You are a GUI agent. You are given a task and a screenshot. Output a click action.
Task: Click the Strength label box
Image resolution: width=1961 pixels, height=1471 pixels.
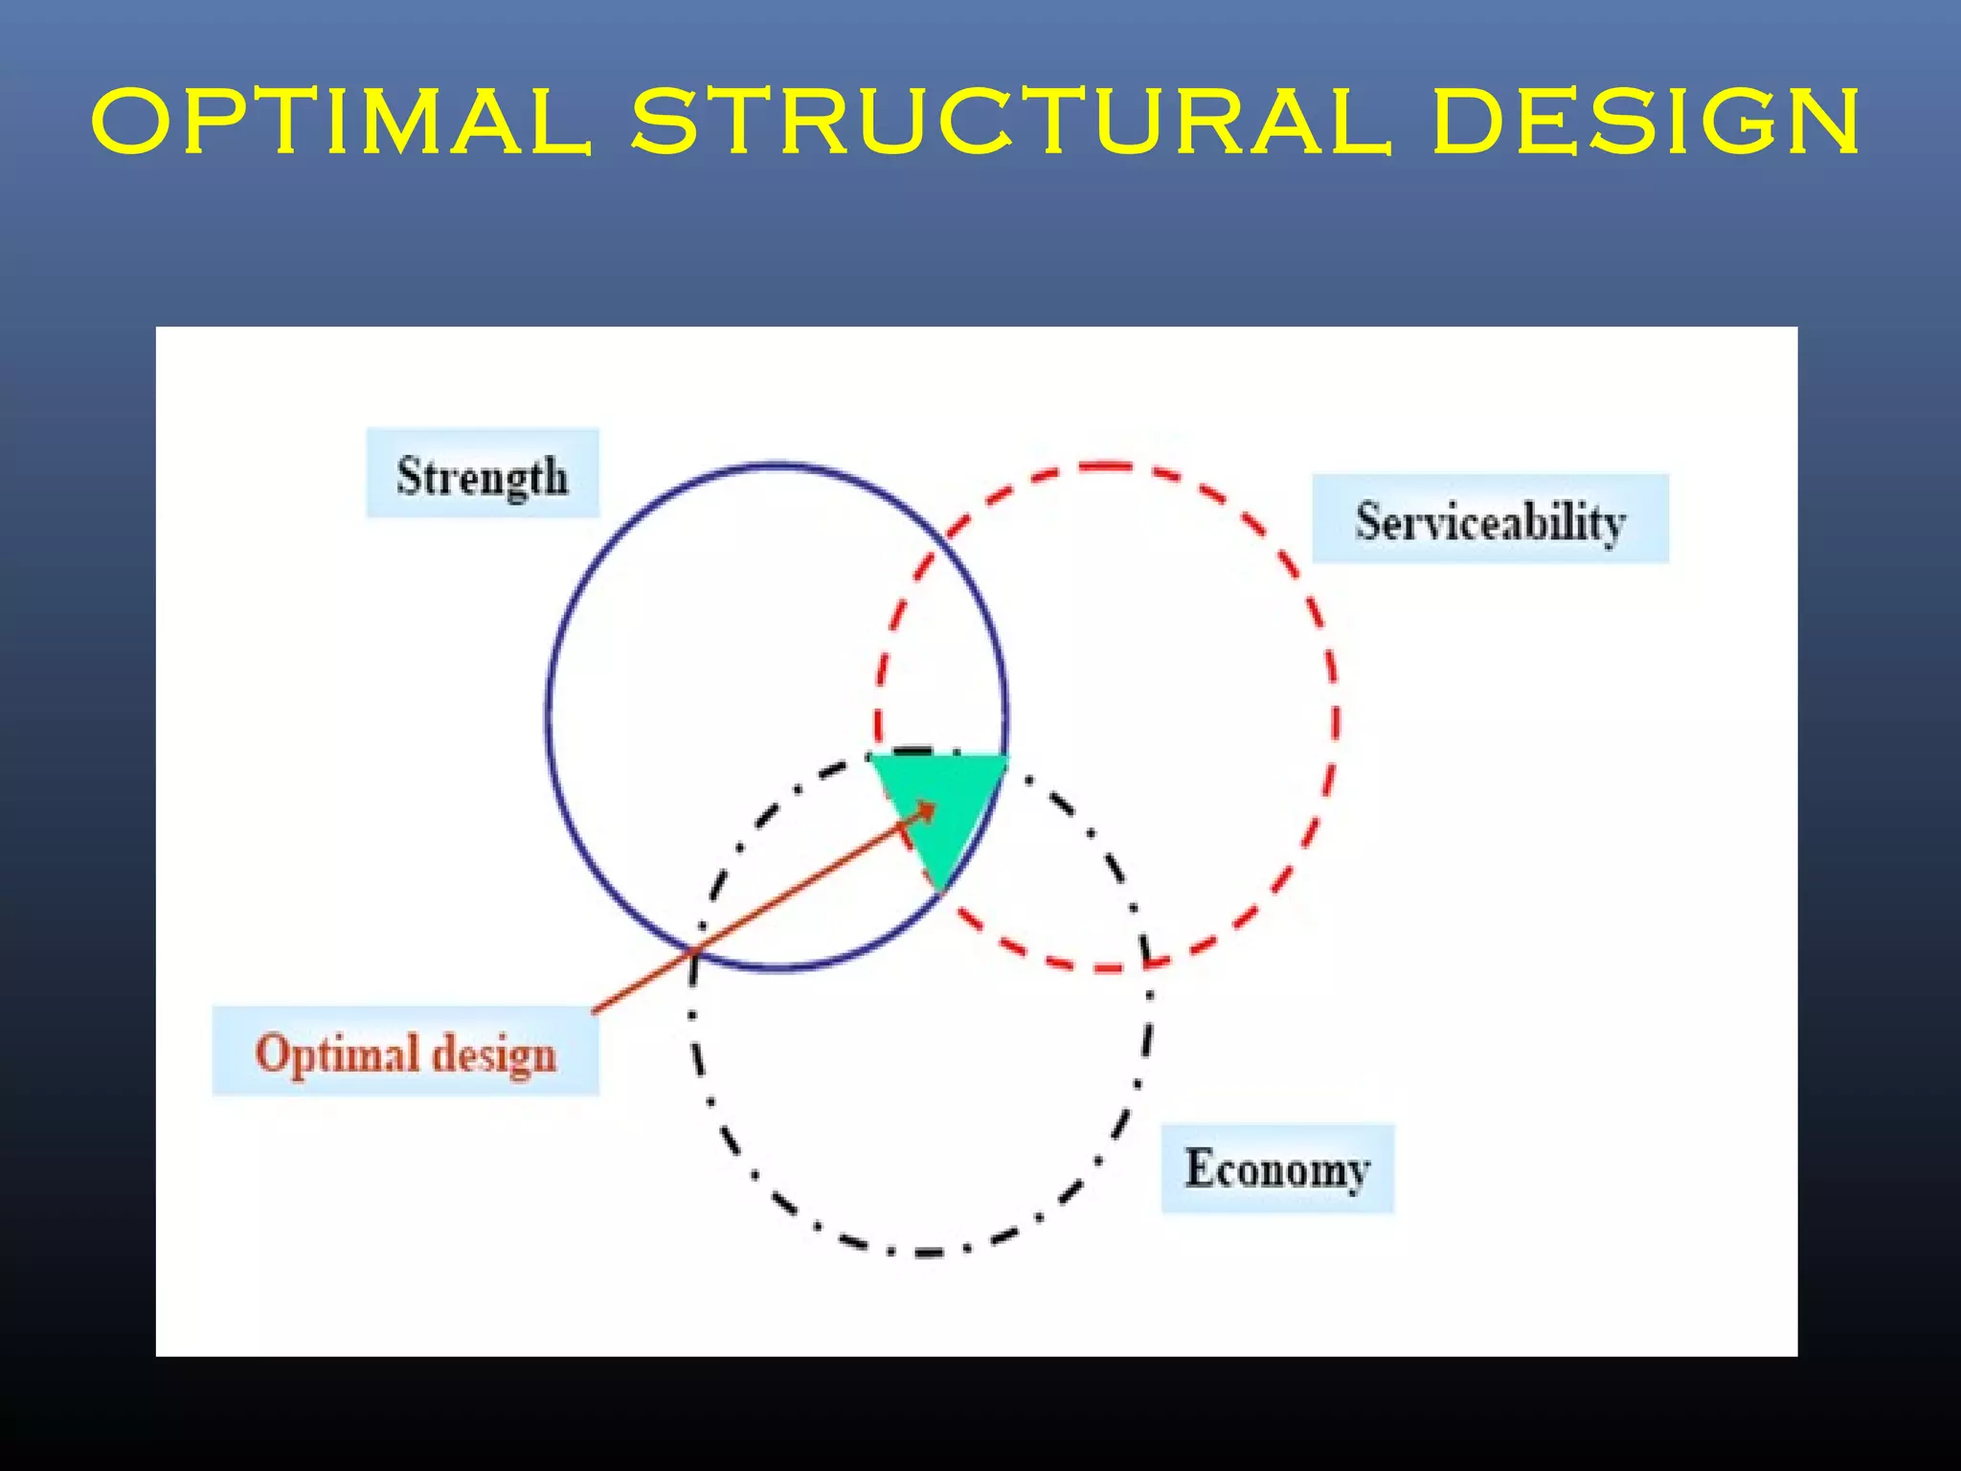[483, 474]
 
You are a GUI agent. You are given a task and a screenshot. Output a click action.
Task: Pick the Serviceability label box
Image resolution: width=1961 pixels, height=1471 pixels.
[1490, 519]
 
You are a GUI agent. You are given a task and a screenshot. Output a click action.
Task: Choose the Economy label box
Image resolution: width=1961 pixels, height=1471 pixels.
[1277, 1169]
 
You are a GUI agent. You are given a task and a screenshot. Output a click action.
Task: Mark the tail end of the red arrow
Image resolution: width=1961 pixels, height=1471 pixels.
[595, 1011]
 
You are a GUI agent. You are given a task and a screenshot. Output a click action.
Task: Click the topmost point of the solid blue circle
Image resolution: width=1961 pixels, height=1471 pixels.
[777, 464]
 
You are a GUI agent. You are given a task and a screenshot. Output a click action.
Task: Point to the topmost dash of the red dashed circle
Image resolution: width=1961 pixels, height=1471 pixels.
[1106, 467]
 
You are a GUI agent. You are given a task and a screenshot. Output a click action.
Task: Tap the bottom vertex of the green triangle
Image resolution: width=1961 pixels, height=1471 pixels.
[941, 891]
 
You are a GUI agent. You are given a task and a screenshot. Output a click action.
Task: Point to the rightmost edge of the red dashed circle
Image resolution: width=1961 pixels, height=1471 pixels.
[1337, 718]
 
